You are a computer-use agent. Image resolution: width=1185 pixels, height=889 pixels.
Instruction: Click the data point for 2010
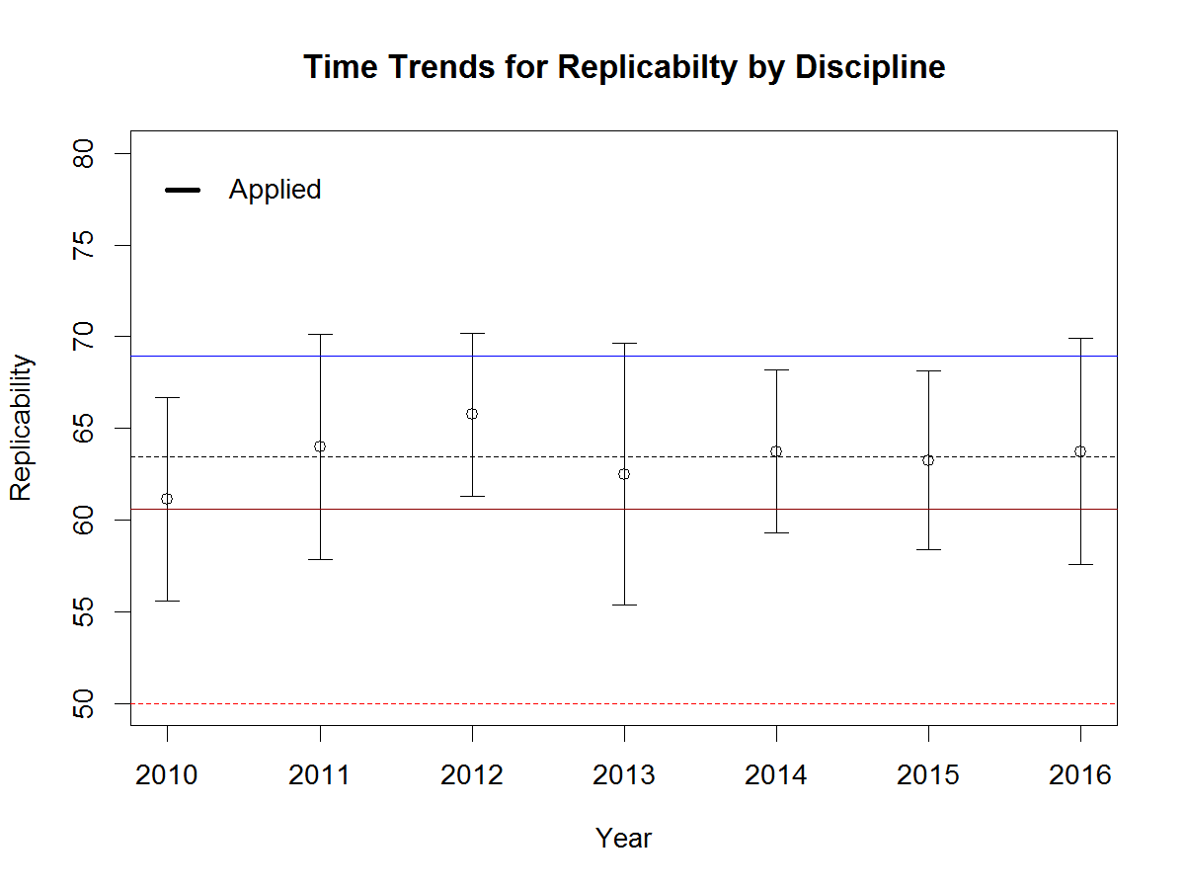pos(167,499)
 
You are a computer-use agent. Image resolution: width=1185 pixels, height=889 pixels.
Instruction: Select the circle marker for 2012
pos(472,414)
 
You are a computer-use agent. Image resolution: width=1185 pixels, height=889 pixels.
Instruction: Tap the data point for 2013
pos(624,474)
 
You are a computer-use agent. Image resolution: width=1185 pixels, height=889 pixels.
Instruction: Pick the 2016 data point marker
pos(1080,451)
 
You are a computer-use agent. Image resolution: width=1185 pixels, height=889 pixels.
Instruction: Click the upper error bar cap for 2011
pos(320,334)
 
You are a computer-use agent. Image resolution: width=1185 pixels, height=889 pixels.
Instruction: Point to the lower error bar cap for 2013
pos(624,605)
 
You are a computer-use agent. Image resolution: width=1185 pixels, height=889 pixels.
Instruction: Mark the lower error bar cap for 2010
pos(167,601)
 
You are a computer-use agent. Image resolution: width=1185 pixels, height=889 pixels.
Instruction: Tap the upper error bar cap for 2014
pos(776,369)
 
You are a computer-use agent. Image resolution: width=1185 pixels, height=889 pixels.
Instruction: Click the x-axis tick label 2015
pos(928,775)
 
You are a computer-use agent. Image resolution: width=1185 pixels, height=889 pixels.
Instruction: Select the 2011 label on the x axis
pos(320,775)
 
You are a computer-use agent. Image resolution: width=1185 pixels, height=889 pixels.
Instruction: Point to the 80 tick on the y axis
pos(87,154)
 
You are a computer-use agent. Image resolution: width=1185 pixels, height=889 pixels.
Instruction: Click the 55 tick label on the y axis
pos(87,611)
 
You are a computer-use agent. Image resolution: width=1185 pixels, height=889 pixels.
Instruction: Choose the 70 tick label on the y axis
pos(87,337)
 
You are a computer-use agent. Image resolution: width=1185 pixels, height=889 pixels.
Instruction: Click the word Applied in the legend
pos(275,190)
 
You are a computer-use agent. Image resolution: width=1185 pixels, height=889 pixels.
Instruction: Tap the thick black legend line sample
pos(183,190)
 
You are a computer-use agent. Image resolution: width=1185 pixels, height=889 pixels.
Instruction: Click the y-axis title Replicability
pos(22,428)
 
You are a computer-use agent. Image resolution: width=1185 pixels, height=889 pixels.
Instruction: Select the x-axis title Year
pos(623,839)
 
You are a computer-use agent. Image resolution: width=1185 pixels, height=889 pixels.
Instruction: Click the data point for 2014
pos(776,451)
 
